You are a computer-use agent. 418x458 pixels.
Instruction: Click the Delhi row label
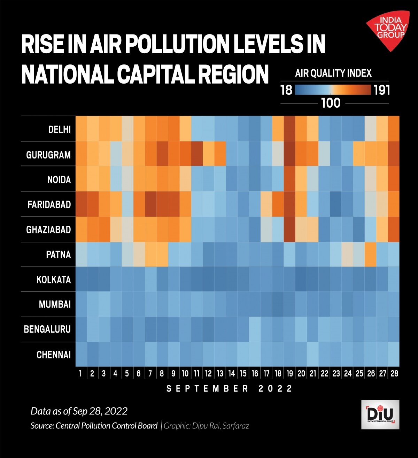point(59,130)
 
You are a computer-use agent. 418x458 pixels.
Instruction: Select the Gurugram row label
point(48,155)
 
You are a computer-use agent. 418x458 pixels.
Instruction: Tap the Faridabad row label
point(49,204)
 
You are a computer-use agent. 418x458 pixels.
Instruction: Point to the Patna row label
point(58,255)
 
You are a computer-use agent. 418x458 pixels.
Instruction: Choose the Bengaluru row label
point(47,329)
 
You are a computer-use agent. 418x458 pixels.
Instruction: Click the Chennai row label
point(53,355)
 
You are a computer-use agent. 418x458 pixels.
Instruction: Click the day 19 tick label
point(290,374)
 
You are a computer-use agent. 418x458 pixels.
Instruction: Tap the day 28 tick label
point(394,374)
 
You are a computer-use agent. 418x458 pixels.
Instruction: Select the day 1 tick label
point(80,374)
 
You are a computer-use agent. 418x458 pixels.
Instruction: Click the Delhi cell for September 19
point(290,129)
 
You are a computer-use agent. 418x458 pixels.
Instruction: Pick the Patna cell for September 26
point(371,254)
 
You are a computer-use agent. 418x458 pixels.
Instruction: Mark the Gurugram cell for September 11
point(197,154)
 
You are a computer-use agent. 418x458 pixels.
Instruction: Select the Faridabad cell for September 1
point(81,204)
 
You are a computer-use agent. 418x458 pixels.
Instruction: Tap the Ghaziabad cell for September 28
point(394,229)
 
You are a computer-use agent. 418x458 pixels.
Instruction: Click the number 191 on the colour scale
point(382,91)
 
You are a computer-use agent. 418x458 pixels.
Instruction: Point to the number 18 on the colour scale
point(286,91)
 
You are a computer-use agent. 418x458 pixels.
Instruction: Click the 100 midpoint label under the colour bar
point(331,103)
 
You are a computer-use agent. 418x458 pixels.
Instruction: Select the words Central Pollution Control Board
point(106,426)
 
